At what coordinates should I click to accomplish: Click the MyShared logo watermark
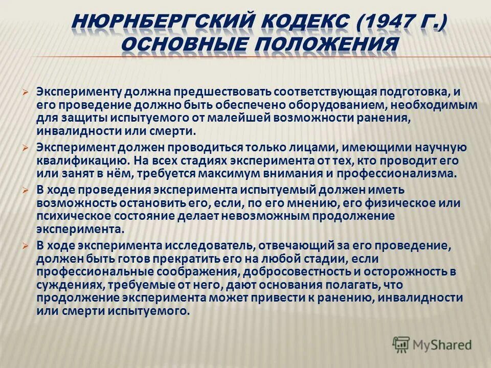[432, 344]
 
